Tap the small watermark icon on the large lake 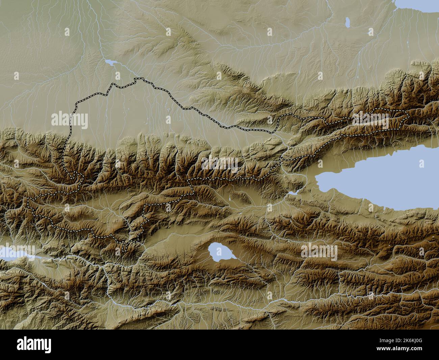tap(421, 164)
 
